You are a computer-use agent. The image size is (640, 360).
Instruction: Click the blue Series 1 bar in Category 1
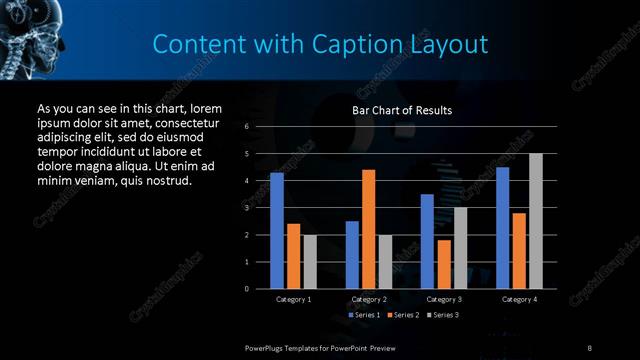pyautogui.click(x=277, y=231)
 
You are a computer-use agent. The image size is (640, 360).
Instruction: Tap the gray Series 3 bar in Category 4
pyautogui.click(x=536, y=221)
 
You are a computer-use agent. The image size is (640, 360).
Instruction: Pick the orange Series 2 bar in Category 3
pyautogui.click(x=443, y=264)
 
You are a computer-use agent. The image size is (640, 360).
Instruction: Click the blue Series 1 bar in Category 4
pyautogui.click(x=502, y=228)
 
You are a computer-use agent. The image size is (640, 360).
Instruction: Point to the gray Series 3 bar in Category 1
pyautogui.click(x=310, y=262)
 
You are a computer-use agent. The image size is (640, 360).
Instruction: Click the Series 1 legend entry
pyautogui.click(x=363, y=315)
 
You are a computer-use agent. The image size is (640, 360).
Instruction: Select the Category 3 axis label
pyautogui.click(x=443, y=299)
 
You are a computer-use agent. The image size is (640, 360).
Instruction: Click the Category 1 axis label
pyautogui.click(x=293, y=299)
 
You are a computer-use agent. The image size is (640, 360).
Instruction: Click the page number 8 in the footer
pyautogui.click(x=589, y=347)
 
